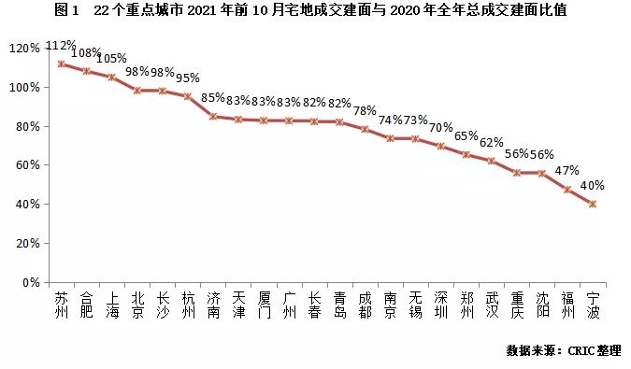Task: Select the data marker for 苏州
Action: tap(61, 64)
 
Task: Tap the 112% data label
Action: tap(61, 46)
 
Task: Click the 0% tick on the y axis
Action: tap(28, 281)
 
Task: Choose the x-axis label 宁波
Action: tap(593, 305)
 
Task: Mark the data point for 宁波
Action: tap(593, 204)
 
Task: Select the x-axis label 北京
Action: tap(136, 305)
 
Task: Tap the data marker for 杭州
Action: tap(187, 96)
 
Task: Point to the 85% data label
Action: tap(213, 97)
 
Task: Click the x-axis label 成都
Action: tap(365, 305)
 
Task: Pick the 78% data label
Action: tap(365, 111)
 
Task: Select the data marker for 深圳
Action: tap(440, 146)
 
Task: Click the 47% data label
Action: tap(568, 171)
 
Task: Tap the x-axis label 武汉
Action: tap(492, 305)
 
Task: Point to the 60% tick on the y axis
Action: tap(25, 164)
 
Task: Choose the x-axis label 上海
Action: tap(111, 305)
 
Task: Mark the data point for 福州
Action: tap(567, 190)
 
